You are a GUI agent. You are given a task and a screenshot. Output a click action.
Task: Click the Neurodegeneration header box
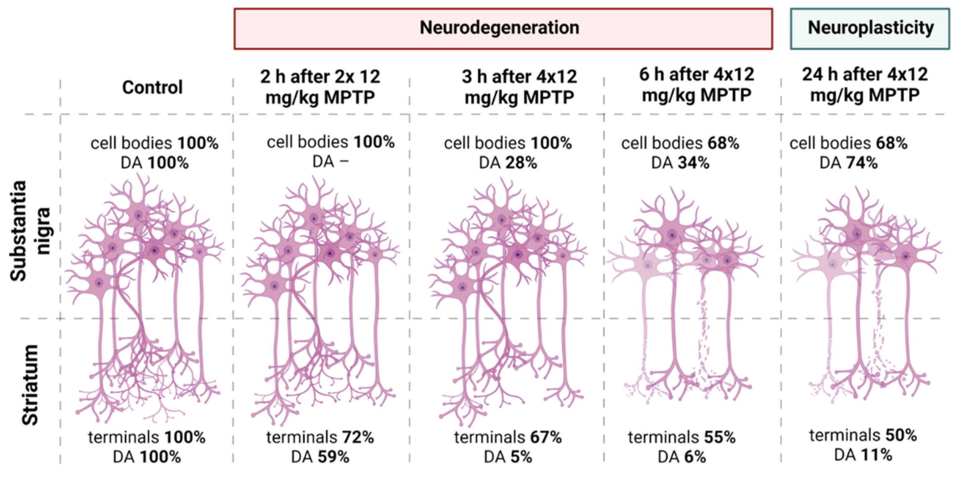(x=503, y=29)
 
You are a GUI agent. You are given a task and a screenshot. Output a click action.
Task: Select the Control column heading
(x=152, y=88)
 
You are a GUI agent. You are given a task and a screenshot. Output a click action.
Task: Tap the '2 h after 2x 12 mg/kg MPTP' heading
(x=320, y=87)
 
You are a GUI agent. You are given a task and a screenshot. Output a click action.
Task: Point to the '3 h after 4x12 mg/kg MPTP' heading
(x=519, y=87)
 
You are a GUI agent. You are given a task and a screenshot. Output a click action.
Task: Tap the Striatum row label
(x=30, y=385)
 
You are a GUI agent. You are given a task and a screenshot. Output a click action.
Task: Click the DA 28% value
(x=508, y=163)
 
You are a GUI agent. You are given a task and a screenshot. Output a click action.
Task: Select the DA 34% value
(x=680, y=163)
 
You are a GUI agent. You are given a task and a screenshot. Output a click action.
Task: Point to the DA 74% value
(x=848, y=163)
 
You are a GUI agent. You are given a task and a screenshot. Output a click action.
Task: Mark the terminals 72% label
(x=320, y=437)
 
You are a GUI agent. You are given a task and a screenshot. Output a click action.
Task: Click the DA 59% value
(x=320, y=457)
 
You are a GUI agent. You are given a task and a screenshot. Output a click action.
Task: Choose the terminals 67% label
(x=508, y=437)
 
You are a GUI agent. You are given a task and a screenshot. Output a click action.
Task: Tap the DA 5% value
(x=508, y=457)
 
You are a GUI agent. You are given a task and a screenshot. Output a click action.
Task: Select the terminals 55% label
(x=682, y=437)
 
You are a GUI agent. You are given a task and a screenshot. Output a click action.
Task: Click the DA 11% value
(x=863, y=455)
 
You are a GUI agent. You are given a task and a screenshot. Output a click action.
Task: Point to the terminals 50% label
(x=863, y=436)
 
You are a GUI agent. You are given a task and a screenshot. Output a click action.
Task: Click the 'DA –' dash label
(x=330, y=162)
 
